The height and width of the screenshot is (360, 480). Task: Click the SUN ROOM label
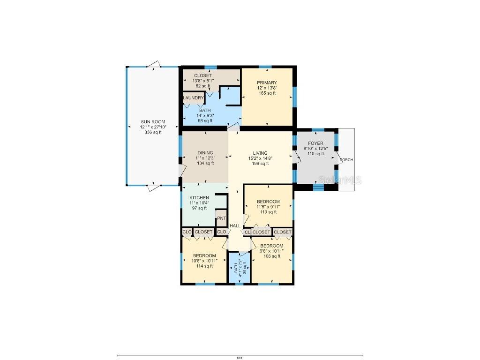(x=153, y=122)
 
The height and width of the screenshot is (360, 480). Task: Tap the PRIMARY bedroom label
(x=267, y=83)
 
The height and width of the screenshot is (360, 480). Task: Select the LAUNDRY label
(x=193, y=98)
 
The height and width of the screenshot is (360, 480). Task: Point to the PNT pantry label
(x=221, y=218)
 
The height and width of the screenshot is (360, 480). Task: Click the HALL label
(x=235, y=226)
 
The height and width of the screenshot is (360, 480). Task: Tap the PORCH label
(x=346, y=160)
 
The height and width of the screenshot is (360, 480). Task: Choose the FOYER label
(x=315, y=143)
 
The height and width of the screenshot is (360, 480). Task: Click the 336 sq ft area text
(x=153, y=132)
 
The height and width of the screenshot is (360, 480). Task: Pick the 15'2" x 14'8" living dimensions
(x=260, y=158)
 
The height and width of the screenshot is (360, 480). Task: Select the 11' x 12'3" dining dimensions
(x=205, y=158)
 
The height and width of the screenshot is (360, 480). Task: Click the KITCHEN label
(x=199, y=198)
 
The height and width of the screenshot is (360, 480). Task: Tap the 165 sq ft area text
(x=267, y=93)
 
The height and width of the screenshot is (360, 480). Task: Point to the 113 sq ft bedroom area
(x=268, y=212)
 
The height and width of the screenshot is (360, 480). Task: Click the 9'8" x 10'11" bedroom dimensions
(x=272, y=251)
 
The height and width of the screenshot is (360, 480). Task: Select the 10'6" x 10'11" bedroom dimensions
(x=204, y=261)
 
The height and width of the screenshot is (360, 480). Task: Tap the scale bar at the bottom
(x=240, y=356)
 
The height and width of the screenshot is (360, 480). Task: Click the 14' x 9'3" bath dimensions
(x=204, y=115)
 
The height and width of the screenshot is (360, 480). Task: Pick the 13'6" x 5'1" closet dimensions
(x=203, y=81)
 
